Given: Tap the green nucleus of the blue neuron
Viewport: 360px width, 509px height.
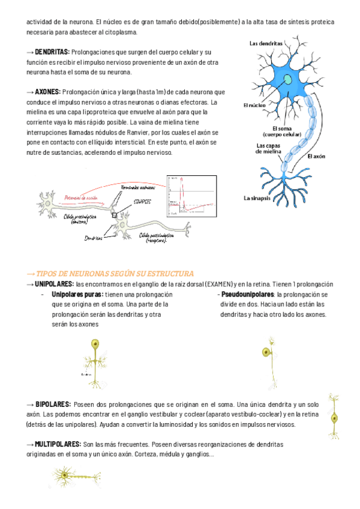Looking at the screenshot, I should coord(289,79).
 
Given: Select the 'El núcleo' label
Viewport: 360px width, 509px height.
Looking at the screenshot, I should coord(254,105).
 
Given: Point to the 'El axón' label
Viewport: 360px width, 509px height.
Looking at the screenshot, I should coord(316,156).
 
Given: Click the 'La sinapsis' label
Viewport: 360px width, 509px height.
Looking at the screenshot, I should coord(256,197).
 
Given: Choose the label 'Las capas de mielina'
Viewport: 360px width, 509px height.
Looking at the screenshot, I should coord(269,148).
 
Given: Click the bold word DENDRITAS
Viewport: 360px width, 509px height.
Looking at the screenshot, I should coord(52,53).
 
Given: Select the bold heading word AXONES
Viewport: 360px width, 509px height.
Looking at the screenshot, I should coord(47,92).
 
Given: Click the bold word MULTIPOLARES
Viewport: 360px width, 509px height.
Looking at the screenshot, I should coord(58,444).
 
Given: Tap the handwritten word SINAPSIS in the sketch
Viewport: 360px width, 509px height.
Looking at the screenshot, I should coord(143,202).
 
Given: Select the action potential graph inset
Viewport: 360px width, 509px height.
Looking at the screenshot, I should coord(191,196).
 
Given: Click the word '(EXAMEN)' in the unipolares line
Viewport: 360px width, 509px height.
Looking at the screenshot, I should coord(218,284).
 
